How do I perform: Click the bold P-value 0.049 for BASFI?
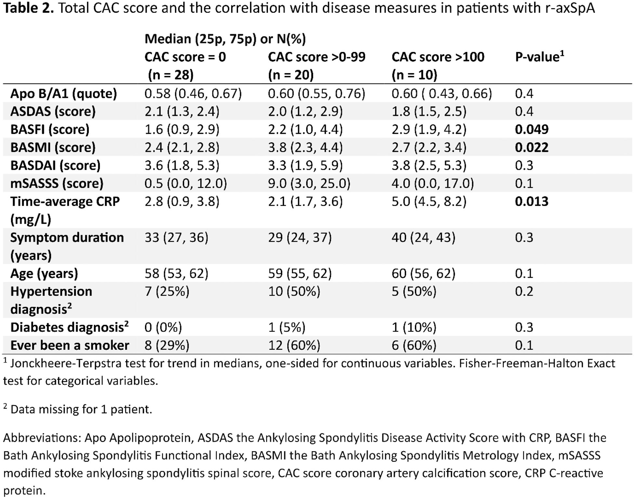pyautogui.click(x=532, y=129)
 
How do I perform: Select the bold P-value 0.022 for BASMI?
pyautogui.click(x=532, y=147)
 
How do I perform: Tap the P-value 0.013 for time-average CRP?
pyautogui.click(x=532, y=201)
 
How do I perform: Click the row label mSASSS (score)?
pyautogui.click(x=57, y=184)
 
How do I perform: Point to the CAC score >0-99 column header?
pyautogui.click(x=317, y=57)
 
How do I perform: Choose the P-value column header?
pyautogui.click(x=539, y=56)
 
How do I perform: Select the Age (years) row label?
pyautogui.click(x=44, y=274)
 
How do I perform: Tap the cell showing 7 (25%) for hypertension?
pyautogui.click(x=167, y=291)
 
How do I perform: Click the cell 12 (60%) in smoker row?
pyautogui.click(x=294, y=345)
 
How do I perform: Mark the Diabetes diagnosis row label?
pyautogui.click(x=69, y=327)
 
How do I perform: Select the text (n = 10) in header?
pyautogui.click(x=414, y=75)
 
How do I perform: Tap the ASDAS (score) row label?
pyautogui.click(x=53, y=112)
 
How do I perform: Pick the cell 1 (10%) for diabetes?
pyautogui.click(x=414, y=327)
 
